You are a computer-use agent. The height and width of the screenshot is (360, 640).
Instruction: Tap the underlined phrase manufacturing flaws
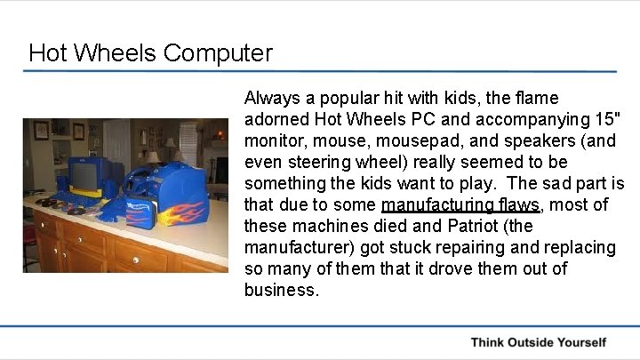click(460, 205)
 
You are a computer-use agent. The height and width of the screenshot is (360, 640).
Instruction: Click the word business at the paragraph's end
click(280, 291)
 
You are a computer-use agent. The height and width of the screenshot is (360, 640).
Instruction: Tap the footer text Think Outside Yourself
click(539, 342)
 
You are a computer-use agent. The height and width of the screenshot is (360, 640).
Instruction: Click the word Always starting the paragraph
click(272, 98)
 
